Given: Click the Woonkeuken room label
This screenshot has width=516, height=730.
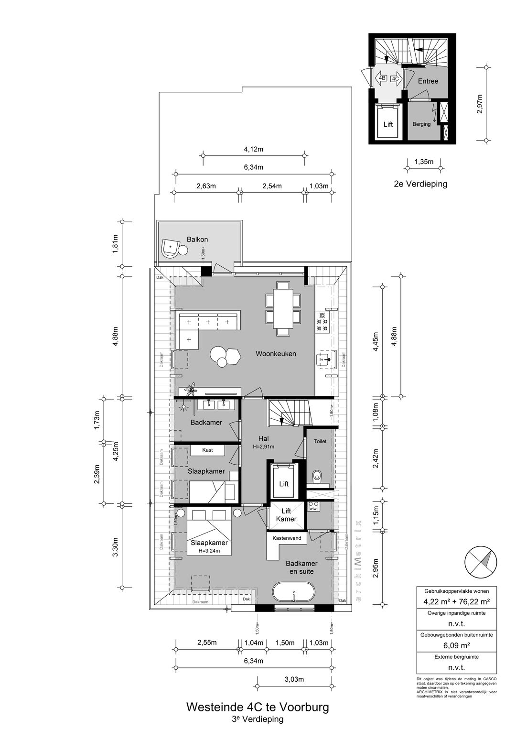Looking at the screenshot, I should (276, 354).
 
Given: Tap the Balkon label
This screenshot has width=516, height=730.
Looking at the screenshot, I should (197, 239).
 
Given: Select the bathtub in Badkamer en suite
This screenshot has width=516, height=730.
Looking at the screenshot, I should (294, 594).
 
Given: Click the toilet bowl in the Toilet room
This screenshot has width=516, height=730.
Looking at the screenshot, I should (316, 476).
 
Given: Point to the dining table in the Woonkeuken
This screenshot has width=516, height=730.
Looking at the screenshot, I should (283, 306).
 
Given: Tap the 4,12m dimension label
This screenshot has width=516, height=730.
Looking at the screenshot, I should (253, 149).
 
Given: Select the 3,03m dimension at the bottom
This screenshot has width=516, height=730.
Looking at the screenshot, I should (294, 679).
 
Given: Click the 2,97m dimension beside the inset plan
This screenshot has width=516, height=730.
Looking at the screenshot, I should (480, 104).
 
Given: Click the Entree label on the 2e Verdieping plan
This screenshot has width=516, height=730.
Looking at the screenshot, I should (428, 81).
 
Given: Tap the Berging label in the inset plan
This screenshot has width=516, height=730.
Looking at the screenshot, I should (421, 124).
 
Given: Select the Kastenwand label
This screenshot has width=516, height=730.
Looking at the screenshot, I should (287, 538).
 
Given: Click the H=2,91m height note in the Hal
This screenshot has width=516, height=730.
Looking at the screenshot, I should (263, 447).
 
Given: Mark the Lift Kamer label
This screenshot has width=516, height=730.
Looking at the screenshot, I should (286, 515).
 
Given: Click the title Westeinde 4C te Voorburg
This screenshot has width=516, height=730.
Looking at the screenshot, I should (257, 707).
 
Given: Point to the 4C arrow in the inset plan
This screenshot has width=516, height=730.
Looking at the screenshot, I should (396, 79).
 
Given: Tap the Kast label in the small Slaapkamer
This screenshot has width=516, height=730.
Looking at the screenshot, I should (207, 450).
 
